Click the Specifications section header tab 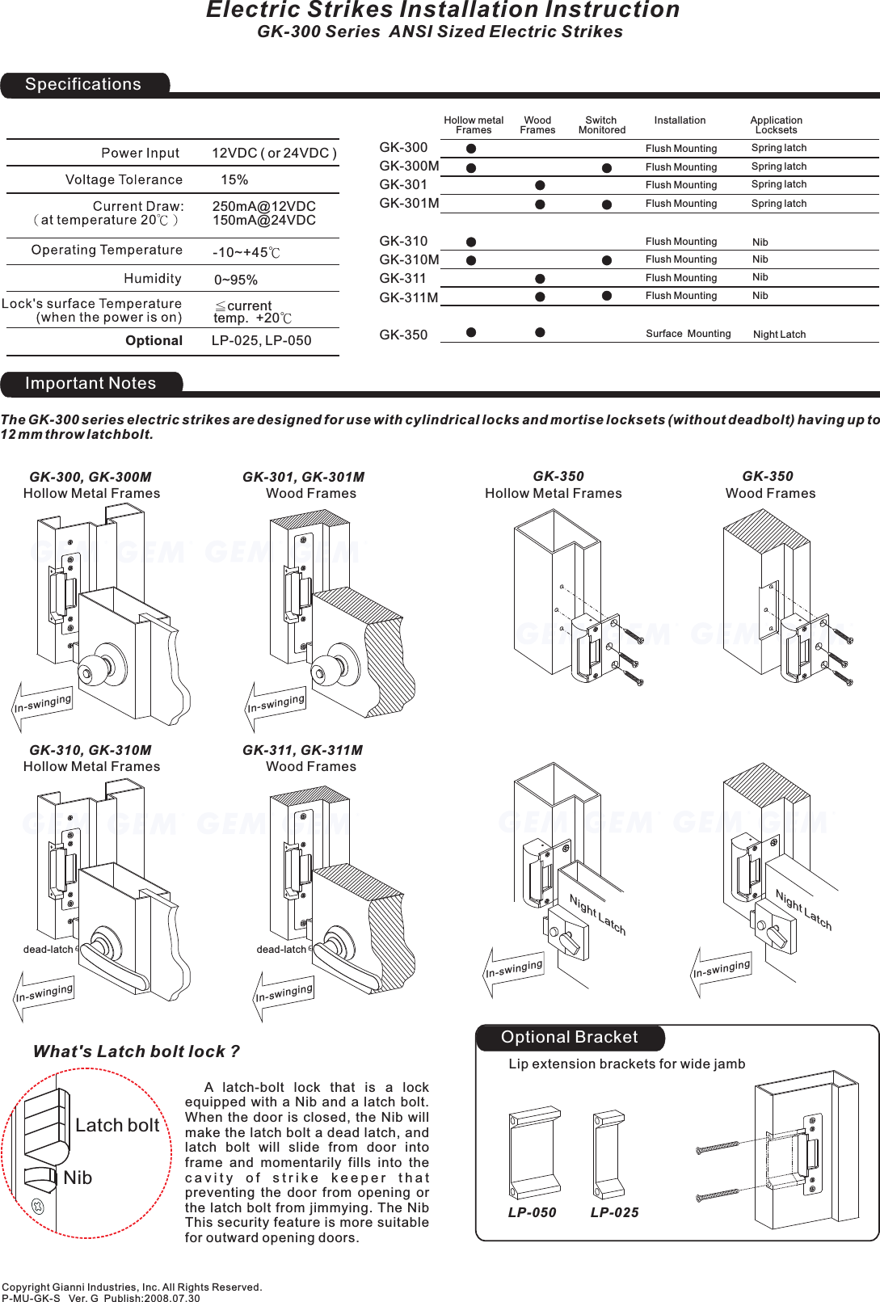pos(83,85)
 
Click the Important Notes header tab pos(91,384)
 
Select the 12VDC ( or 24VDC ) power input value pos(274,153)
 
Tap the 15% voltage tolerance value pos(234,179)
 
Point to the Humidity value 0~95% pos(236,280)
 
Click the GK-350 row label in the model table pos(403,335)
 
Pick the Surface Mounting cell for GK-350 pos(688,334)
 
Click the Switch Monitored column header pos(601,124)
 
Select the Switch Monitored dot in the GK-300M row pos(607,168)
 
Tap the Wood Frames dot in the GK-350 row pos(540,332)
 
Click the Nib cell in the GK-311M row pos(760,296)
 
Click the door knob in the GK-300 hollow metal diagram pos(103,663)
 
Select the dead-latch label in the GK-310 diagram pos(48,949)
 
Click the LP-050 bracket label pos(532,1212)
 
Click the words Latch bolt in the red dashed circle pos(117,1125)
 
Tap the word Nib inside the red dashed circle pos(78,1178)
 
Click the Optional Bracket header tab pos(569,1038)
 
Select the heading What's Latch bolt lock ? pos(136,1051)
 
